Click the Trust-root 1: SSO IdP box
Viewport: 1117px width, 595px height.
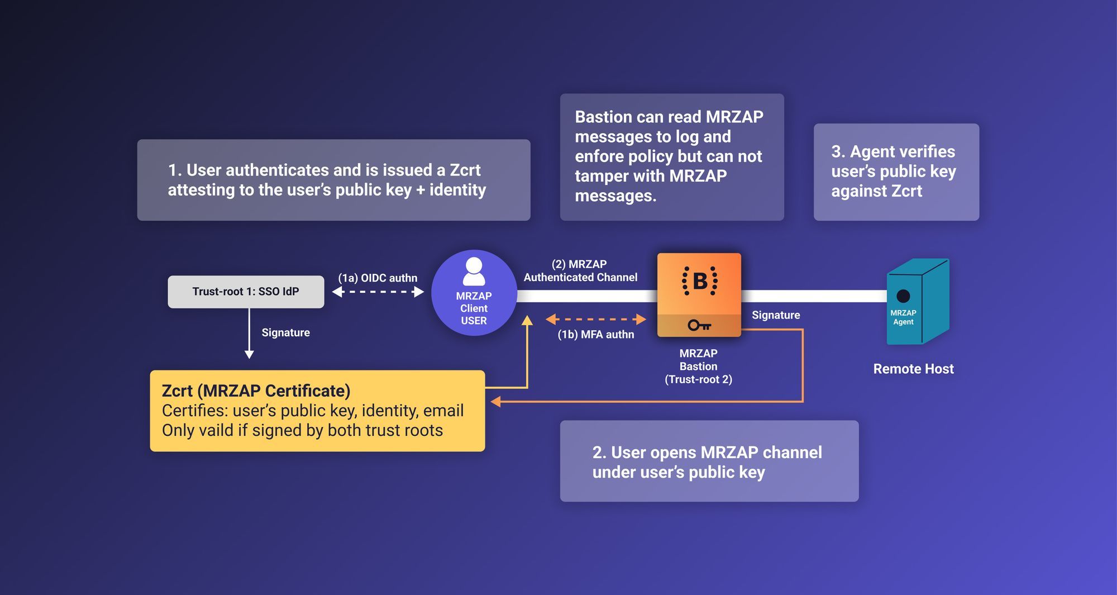[x=246, y=292]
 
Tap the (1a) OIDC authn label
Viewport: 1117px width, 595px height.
[x=378, y=278]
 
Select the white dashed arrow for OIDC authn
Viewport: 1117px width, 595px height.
[x=378, y=292]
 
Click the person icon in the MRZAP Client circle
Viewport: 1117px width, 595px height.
[x=474, y=272]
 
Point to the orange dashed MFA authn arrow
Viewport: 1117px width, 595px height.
[x=595, y=319]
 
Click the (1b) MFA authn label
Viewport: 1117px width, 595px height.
[x=595, y=335]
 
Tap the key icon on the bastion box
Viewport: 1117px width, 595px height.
[x=699, y=325]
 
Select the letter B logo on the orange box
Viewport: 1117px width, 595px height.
[x=699, y=281]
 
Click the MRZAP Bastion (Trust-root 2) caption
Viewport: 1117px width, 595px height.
[x=698, y=366]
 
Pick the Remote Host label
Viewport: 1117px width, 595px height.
[x=913, y=369]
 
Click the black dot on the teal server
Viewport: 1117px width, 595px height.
[x=903, y=296]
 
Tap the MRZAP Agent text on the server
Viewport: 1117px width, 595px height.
[x=903, y=317]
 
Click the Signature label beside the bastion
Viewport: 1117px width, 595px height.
[x=776, y=315]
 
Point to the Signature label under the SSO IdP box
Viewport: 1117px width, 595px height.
[x=285, y=332]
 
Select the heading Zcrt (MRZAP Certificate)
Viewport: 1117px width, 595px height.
[x=256, y=391]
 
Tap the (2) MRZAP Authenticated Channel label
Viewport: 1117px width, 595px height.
[x=580, y=271]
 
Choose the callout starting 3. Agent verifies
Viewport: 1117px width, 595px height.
[x=896, y=172]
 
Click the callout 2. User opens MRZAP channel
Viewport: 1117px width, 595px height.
[x=709, y=461]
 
